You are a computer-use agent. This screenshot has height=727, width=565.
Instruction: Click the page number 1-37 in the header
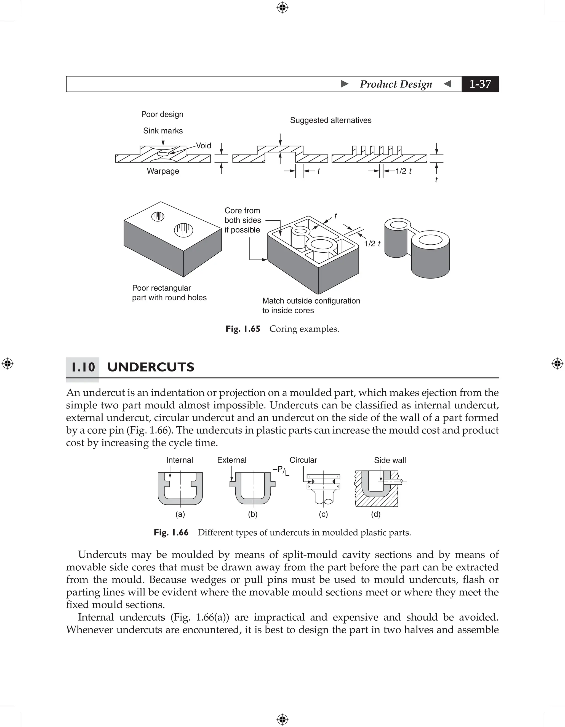(x=480, y=84)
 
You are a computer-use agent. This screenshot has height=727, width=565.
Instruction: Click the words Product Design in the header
(x=396, y=84)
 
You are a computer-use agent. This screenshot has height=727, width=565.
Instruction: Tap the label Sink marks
(x=163, y=130)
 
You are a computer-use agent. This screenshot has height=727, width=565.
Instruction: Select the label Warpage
(x=163, y=171)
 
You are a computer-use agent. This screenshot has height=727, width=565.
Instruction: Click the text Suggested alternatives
(x=331, y=120)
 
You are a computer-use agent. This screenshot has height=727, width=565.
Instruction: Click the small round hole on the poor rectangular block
(x=158, y=217)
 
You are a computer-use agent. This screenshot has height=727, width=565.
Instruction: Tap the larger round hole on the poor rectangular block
(x=183, y=230)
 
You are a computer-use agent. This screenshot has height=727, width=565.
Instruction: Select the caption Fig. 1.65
(x=243, y=329)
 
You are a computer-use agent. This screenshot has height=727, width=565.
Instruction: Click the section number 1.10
(x=83, y=367)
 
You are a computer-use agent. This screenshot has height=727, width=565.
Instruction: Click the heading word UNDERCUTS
(x=150, y=367)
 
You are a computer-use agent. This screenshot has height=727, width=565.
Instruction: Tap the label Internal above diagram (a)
(x=179, y=460)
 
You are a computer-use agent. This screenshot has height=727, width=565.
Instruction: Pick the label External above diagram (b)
(x=232, y=460)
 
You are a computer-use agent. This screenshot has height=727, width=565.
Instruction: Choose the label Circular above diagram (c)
(x=303, y=460)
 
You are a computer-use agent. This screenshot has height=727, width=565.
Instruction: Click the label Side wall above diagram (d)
(x=390, y=460)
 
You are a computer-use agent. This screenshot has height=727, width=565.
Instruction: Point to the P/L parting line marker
(x=282, y=471)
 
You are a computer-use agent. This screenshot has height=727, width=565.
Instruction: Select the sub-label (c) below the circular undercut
(x=323, y=514)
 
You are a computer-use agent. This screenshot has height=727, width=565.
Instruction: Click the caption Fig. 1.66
(x=171, y=533)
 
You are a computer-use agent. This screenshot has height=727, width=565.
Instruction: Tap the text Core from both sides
(x=242, y=215)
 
